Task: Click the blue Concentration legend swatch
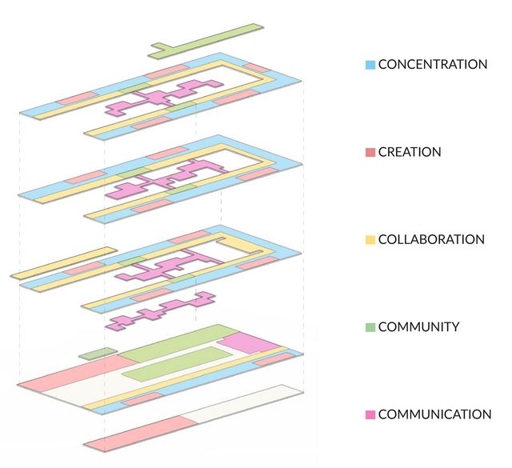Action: point(370,64)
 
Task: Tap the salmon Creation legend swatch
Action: point(370,152)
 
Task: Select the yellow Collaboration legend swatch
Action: point(370,240)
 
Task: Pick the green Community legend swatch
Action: point(370,327)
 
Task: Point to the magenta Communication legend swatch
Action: point(370,414)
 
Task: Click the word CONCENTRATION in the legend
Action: point(433,64)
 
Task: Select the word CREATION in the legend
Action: point(410,152)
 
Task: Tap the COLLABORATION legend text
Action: point(431,240)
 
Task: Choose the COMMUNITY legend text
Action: point(418,327)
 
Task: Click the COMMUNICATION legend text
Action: point(434,414)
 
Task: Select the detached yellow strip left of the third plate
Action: point(64,263)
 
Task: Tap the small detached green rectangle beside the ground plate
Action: point(98,354)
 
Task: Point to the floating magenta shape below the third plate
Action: point(161,311)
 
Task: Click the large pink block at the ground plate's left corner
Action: point(78,373)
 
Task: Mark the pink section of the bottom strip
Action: point(141,434)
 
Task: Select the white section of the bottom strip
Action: point(242,404)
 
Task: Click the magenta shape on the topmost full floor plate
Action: point(163,98)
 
